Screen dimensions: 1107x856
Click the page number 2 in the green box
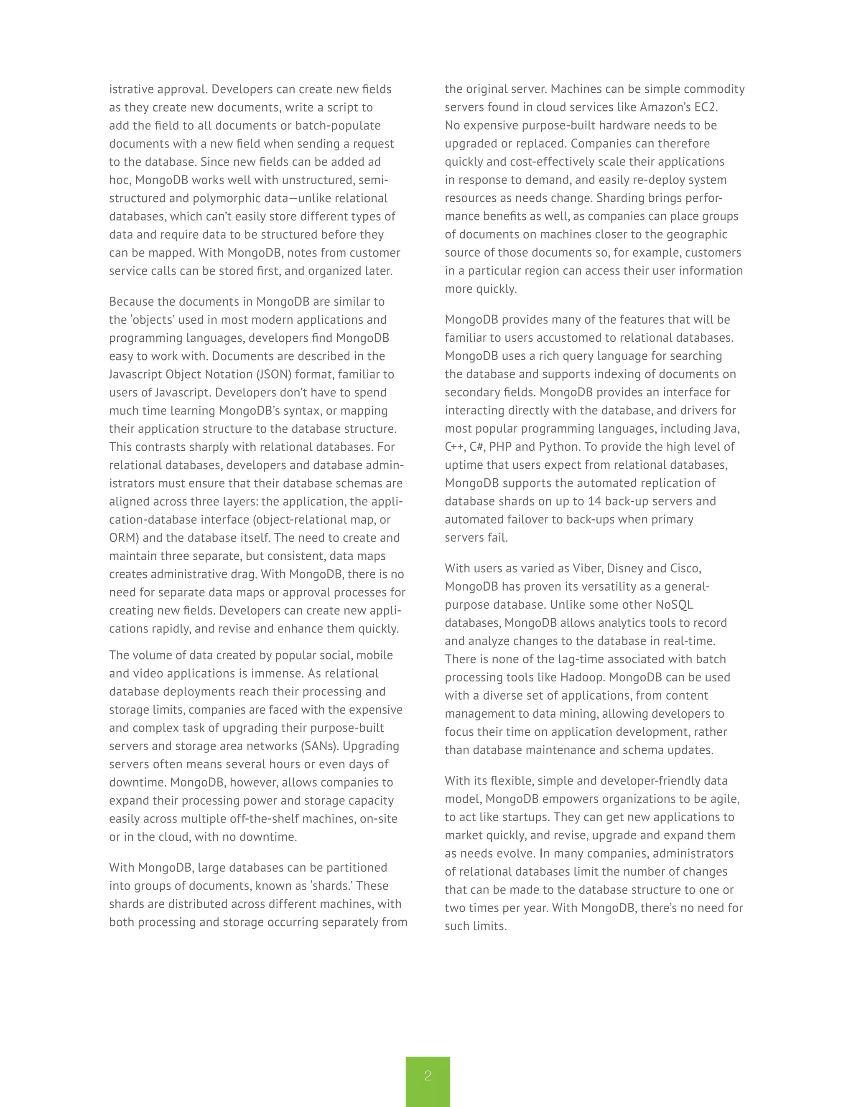coord(428,1076)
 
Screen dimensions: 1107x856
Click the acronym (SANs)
coord(318,746)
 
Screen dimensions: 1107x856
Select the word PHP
coord(500,447)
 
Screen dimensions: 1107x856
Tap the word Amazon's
coord(668,107)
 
